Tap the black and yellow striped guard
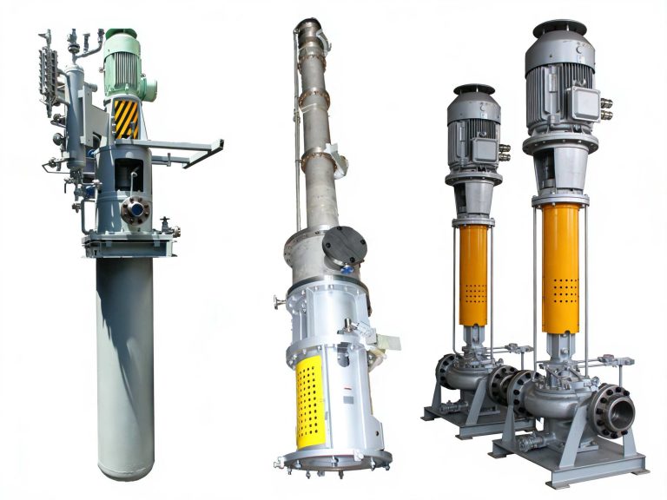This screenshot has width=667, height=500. click(126, 118)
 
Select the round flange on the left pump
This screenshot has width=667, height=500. click(135, 209)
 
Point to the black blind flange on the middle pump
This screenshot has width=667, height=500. click(344, 246)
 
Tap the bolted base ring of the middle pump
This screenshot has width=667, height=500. click(335, 460)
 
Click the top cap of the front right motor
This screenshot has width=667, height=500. click(559, 28)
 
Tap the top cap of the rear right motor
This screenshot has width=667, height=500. click(473, 89)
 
